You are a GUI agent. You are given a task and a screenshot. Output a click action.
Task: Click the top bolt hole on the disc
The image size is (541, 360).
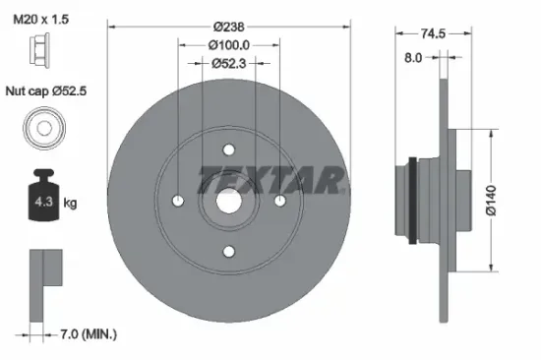229,150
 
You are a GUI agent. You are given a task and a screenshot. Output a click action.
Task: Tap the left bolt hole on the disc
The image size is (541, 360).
178,202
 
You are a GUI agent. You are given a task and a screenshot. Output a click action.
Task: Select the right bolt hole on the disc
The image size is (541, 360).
280,202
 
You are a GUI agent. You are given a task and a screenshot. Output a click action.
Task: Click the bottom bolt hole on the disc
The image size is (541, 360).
229,253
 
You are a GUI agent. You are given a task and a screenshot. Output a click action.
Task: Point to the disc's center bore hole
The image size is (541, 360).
229,202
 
